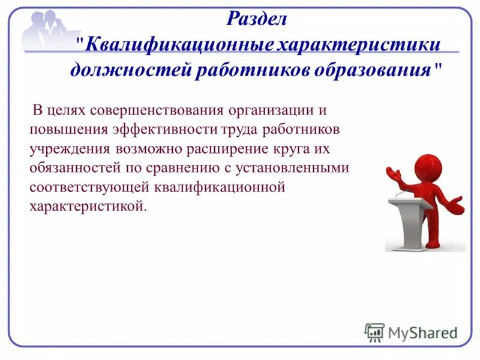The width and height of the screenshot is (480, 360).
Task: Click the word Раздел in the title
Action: click(x=257, y=19)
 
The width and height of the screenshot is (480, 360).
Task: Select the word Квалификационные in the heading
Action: click(x=180, y=46)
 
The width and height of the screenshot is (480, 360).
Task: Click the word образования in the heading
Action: click(x=373, y=71)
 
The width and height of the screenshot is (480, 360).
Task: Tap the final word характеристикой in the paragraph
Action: click(x=86, y=206)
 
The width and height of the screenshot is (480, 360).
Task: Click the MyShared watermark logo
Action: click(x=411, y=332)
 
